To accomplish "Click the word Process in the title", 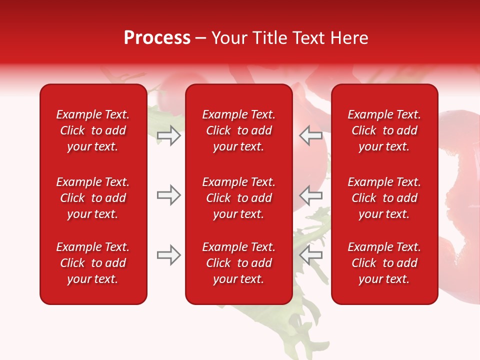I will coord(157,38).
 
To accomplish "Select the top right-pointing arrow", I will coord(169,135).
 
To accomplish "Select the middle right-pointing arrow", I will coord(169,195).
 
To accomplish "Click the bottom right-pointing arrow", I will coord(169,255).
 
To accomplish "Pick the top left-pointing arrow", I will coord(310,135).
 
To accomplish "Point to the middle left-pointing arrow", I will coord(310,195).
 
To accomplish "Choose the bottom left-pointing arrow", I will coord(310,255).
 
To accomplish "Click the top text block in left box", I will coord(93,130).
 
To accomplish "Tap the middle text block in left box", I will coord(93,198).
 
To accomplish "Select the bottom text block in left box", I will coord(93,263).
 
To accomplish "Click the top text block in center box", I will coord(238,130).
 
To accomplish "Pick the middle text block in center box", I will coord(238,198).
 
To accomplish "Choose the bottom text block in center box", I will coord(238,263).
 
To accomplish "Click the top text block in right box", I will coord(384,130).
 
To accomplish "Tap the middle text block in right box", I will coord(384,198).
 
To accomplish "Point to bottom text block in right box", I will coord(384,263).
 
